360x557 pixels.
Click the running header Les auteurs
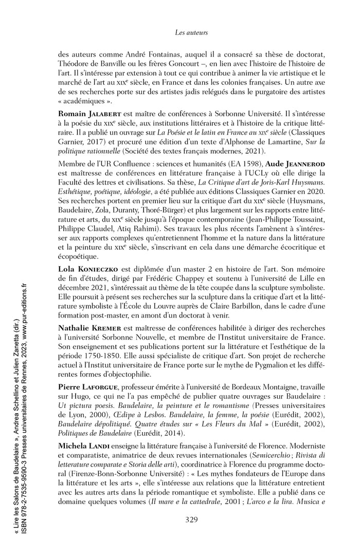click(190, 33)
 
